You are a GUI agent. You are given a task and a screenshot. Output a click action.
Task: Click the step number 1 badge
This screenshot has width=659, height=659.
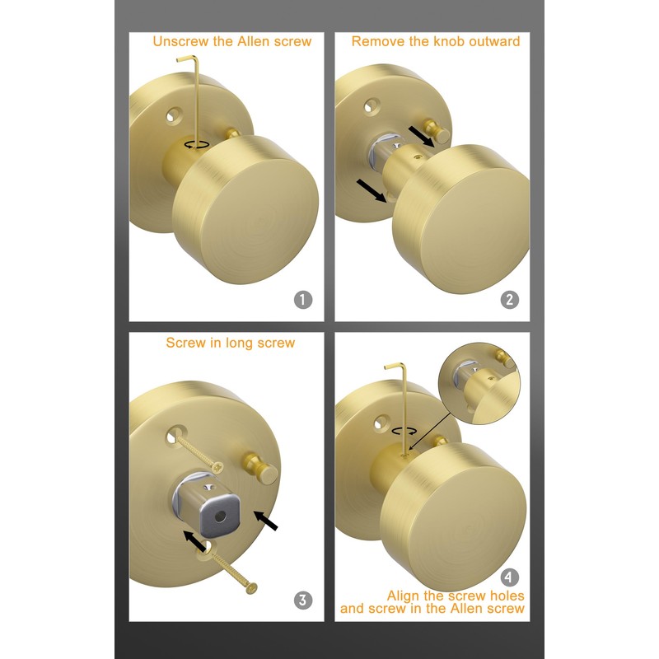point(303,300)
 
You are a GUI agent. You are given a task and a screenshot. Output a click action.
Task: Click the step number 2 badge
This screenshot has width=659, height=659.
point(510,300)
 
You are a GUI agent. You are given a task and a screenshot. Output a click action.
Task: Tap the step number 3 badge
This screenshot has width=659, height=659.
point(303,600)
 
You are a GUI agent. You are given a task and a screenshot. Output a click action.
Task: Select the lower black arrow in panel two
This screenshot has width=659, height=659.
point(371,190)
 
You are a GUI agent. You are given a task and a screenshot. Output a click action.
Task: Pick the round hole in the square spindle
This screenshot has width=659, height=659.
point(219,516)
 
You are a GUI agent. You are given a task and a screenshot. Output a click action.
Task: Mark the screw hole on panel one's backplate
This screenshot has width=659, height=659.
point(173,114)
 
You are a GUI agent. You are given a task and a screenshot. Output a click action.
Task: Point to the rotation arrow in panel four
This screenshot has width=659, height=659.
point(403,430)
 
